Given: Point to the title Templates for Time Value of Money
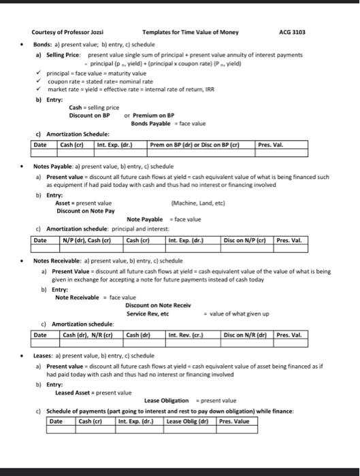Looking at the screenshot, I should tap(191, 32).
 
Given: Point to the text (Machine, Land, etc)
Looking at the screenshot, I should tap(208, 201).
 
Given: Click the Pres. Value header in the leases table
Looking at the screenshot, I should tap(234, 421).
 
